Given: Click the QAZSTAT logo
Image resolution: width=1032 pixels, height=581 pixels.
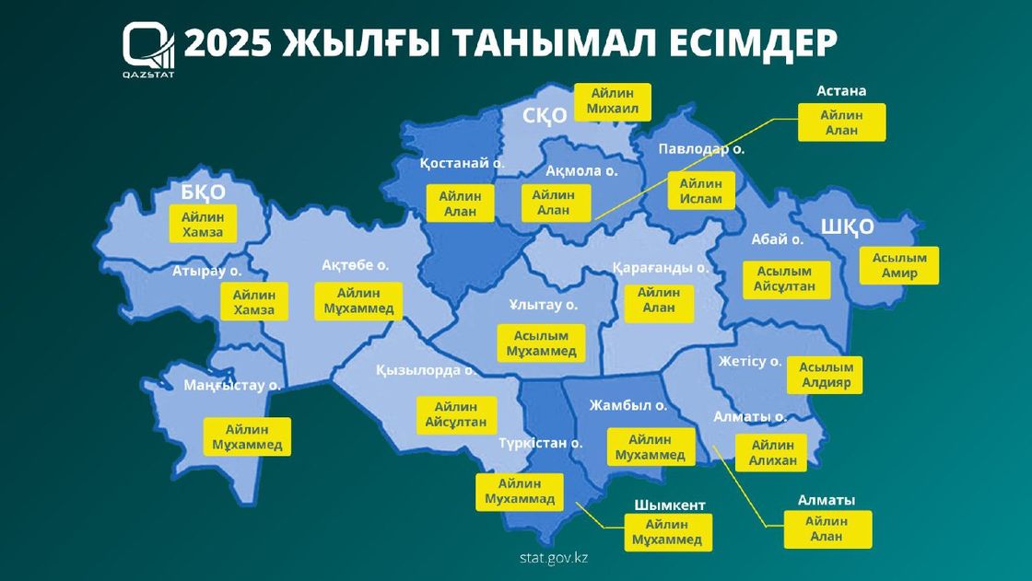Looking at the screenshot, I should pyautogui.click(x=148, y=49).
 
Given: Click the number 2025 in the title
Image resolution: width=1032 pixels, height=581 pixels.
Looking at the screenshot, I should pyautogui.click(x=227, y=43).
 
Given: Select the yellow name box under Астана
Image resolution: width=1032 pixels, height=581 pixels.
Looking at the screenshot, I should pyautogui.click(x=840, y=122).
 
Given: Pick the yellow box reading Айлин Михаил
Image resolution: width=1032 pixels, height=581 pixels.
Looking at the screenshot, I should pyautogui.click(x=612, y=102).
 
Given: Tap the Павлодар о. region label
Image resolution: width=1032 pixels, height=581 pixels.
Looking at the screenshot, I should pyautogui.click(x=701, y=148).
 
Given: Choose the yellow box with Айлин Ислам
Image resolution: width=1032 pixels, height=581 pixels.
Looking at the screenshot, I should pyautogui.click(x=701, y=191).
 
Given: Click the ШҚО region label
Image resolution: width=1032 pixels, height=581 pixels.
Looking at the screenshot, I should pyautogui.click(x=846, y=227).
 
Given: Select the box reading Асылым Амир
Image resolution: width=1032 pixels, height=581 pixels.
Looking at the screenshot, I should pyautogui.click(x=898, y=265).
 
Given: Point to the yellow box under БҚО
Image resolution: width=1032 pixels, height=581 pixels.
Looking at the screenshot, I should pyautogui.click(x=203, y=224).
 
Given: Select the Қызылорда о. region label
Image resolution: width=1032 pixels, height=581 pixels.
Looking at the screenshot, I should pyautogui.click(x=425, y=370).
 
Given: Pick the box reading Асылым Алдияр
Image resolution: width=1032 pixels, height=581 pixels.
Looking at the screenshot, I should pyautogui.click(x=825, y=375).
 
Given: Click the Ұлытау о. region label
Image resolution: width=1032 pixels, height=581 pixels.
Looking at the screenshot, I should pyautogui.click(x=544, y=304).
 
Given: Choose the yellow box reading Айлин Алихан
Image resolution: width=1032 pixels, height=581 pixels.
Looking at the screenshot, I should pyautogui.click(x=772, y=453).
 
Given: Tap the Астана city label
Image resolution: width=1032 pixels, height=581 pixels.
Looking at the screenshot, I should pyautogui.click(x=841, y=91).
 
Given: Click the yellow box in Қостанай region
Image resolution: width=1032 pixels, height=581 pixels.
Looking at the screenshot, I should pyautogui.click(x=460, y=203).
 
